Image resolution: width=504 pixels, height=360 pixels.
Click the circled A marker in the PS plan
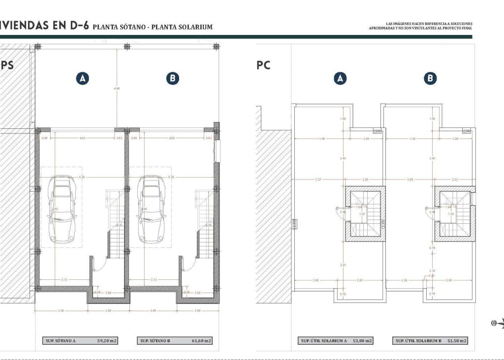pos(83,78)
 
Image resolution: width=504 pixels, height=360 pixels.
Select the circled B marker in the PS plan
pos(172,78)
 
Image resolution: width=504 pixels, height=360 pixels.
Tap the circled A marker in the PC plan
pos(340,78)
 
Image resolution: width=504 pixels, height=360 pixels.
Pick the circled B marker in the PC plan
pos(430,78)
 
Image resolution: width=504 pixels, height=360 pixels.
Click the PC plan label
pos(264,65)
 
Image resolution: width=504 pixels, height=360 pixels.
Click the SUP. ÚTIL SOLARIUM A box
pos(336,340)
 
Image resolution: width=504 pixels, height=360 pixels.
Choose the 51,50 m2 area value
pos(456,340)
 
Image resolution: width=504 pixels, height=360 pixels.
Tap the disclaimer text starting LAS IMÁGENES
pos(420,26)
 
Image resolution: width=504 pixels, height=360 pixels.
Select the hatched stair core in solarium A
pos(365,214)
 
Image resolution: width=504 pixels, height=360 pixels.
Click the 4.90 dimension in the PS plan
pos(117,89)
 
